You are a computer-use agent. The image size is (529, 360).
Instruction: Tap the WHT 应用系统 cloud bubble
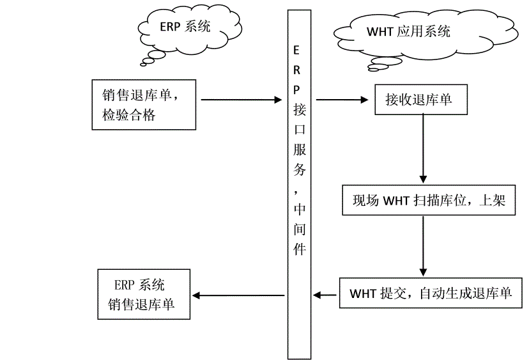(409, 31)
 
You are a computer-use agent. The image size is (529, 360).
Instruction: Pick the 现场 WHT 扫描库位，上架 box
(429, 201)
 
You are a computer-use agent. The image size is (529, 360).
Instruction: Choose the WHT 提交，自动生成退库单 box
(430, 293)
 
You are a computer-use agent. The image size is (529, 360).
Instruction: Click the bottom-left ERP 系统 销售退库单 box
(145, 295)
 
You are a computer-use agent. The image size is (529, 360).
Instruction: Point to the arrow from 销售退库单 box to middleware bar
(241, 100)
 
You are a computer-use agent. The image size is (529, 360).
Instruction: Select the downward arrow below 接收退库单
(422, 150)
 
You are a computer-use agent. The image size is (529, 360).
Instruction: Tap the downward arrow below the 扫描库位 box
(422, 246)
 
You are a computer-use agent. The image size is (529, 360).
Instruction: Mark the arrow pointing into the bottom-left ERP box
(238, 295)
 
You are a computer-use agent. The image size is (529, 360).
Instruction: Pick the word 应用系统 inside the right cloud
(424, 31)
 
